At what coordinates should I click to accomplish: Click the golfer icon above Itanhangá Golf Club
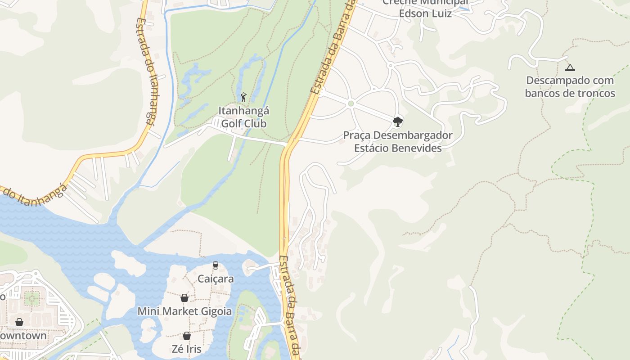[243, 97]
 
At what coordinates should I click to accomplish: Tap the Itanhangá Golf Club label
[243, 117]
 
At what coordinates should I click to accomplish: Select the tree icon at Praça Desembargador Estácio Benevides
[397, 121]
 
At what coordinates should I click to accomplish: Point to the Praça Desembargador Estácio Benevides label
[398, 141]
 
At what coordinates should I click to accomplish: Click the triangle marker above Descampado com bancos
[570, 68]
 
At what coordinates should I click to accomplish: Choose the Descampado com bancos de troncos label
[570, 87]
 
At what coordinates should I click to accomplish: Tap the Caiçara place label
[216, 279]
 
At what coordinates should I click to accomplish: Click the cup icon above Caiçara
[216, 265]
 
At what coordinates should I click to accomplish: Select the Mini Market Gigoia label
[184, 311]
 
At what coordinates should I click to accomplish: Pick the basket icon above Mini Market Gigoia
[184, 298]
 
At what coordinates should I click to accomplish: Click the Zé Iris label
[187, 349]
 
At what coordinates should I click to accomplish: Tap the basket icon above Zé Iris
[187, 336]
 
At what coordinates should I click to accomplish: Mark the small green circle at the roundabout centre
[351, 104]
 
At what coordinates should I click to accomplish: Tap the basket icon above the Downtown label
[19, 322]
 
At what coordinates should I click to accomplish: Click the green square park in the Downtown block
[31, 298]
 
